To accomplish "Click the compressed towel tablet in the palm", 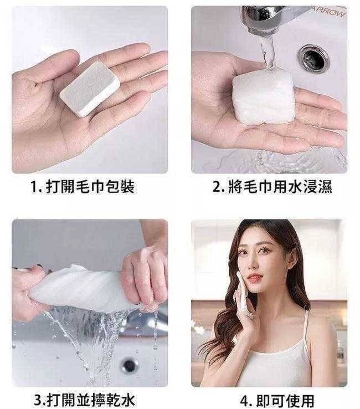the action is [x=90, y=89].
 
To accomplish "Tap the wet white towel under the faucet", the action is [x=264, y=95].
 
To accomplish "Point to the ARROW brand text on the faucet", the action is [x=330, y=12].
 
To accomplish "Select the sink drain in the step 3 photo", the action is [x=129, y=365].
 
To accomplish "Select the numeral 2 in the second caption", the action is [x=217, y=187].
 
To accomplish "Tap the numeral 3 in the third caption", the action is [x=38, y=400].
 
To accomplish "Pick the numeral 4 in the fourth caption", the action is [x=244, y=401].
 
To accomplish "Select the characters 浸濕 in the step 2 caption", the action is [x=318, y=187].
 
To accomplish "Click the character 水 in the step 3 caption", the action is [x=128, y=400].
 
